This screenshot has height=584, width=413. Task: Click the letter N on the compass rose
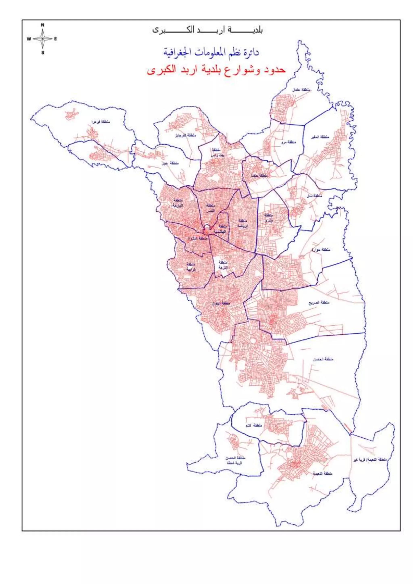43,25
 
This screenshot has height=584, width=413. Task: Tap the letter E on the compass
56,39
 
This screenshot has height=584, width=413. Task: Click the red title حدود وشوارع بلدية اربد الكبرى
216,70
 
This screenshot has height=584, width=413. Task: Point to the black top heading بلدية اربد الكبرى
207,30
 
